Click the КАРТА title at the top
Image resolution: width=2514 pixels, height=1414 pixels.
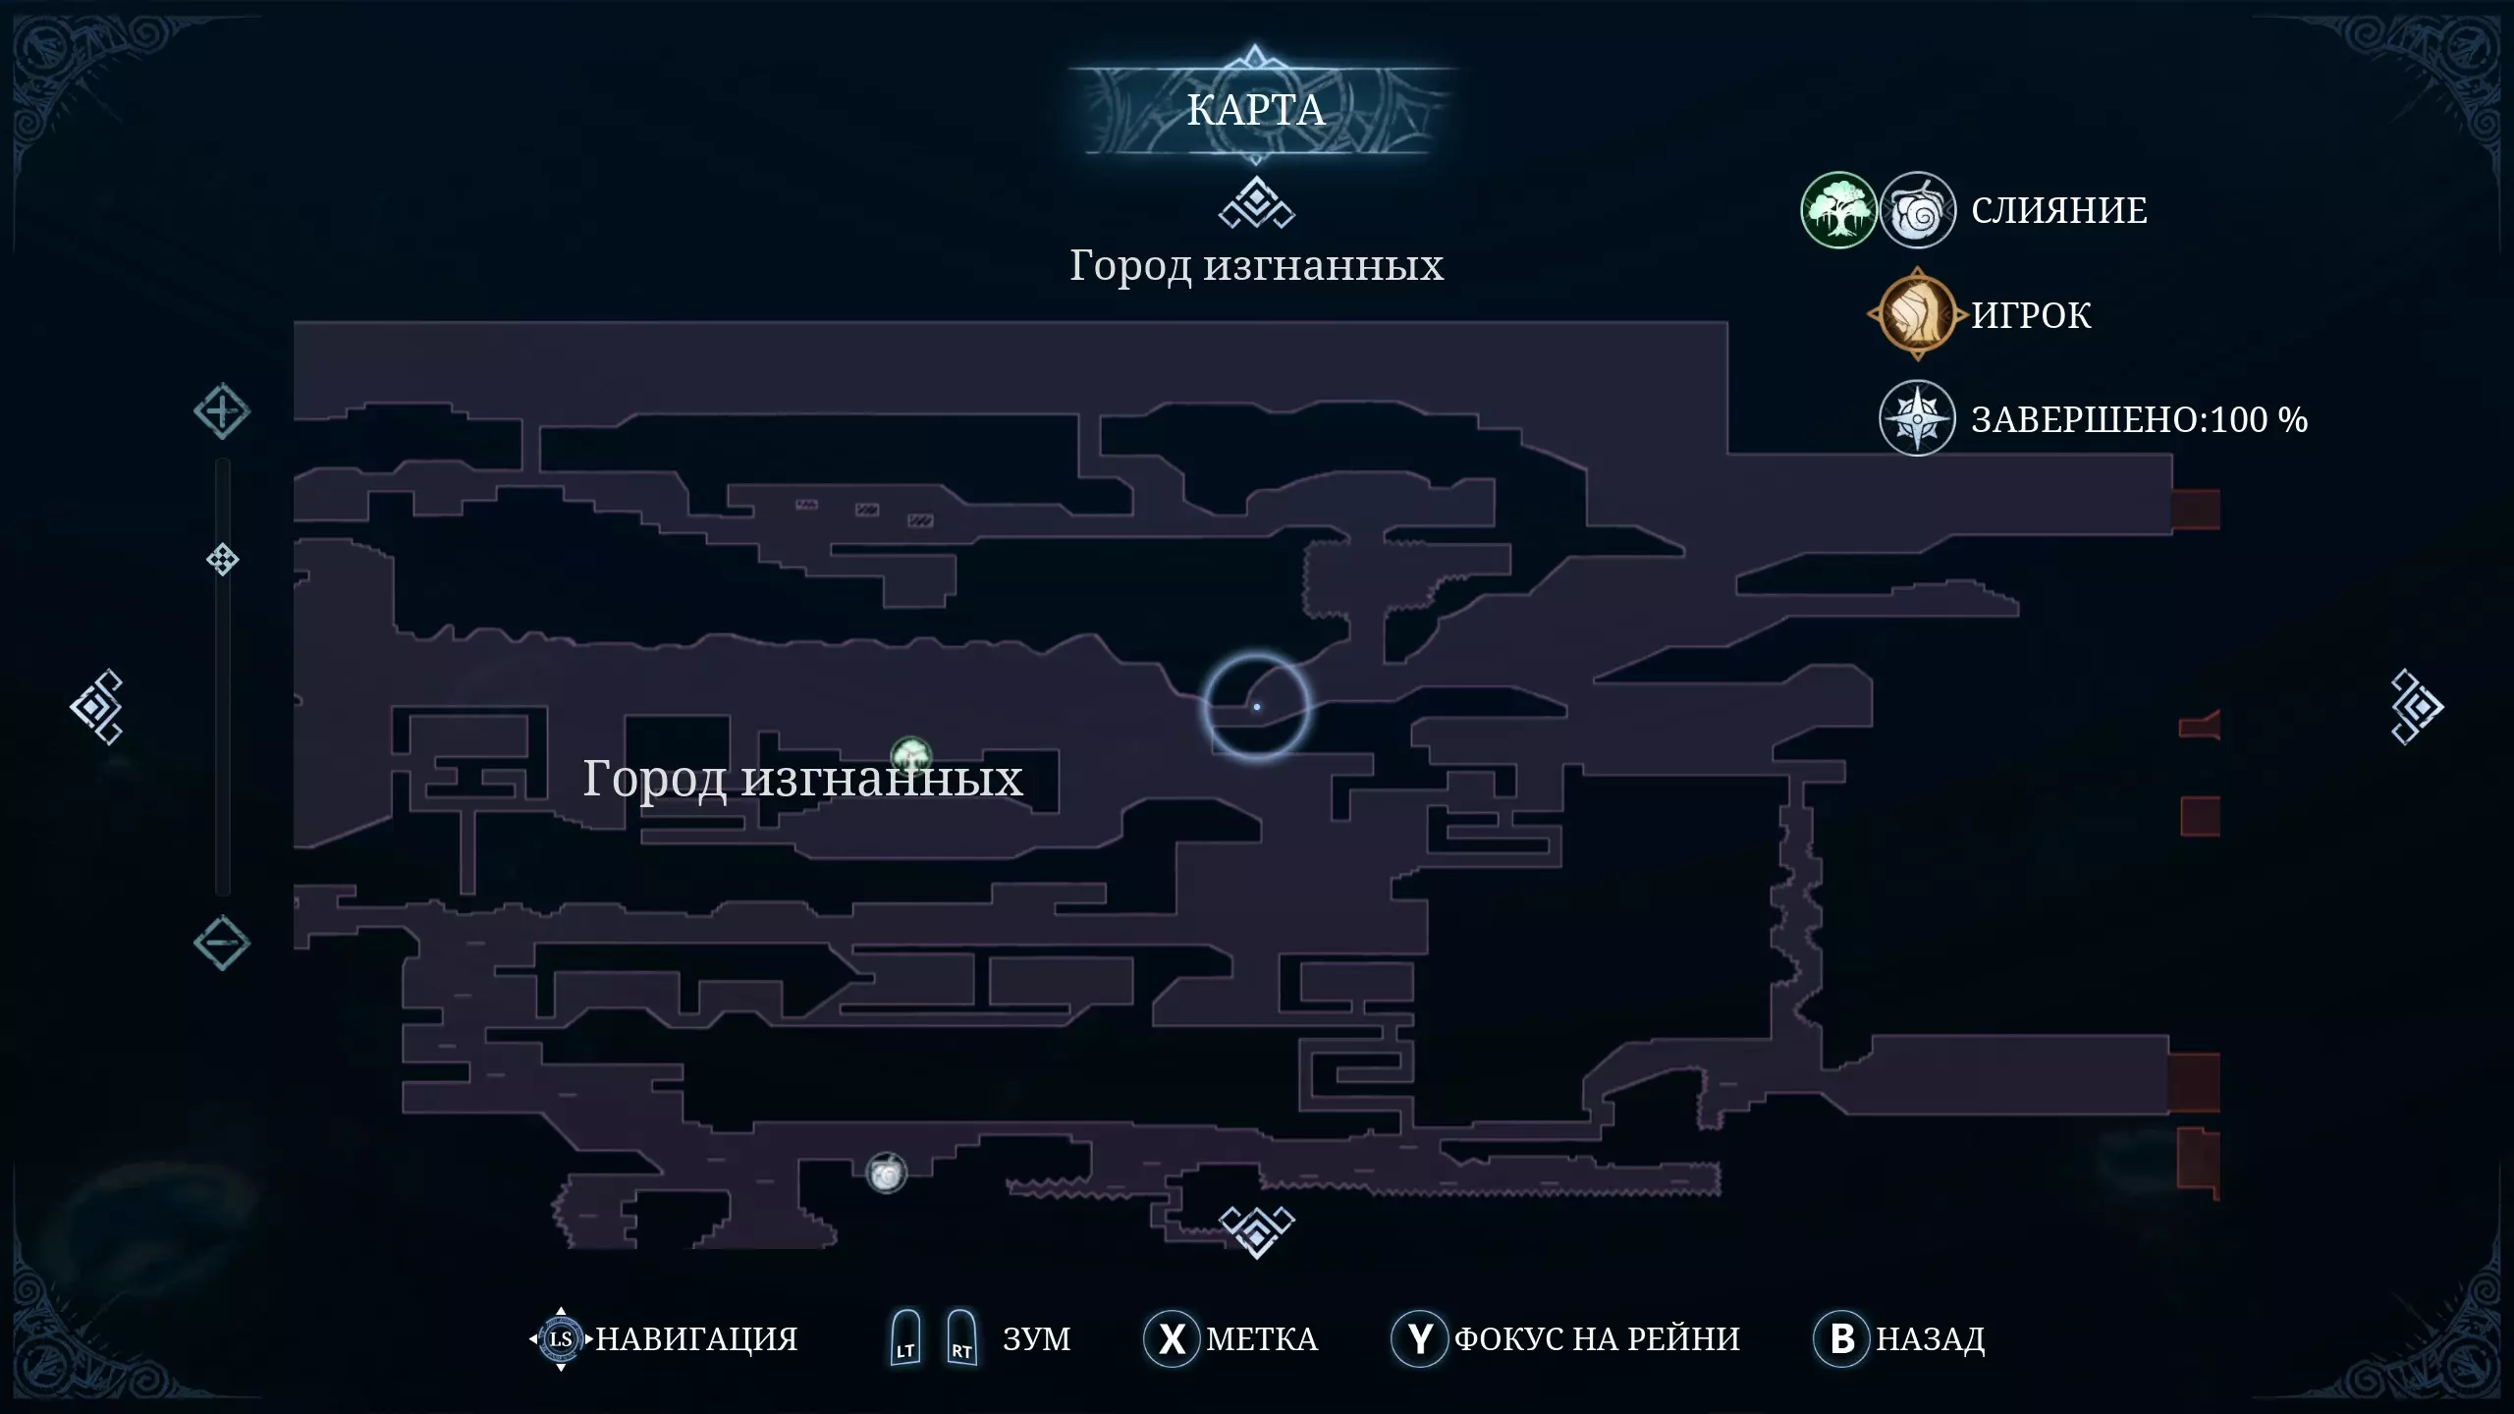[x=1255, y=110]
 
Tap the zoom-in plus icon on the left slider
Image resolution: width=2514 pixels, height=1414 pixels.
[x=222, y=411]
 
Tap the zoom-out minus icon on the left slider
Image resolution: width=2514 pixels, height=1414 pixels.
[x=222, y=944]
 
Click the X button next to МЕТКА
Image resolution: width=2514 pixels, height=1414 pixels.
[x=1172, y=1338]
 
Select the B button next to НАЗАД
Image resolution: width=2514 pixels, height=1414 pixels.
[x=1842, y=1338]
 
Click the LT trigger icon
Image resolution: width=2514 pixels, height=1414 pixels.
[x=905, y=1337]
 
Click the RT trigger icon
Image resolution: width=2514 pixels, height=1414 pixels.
[x=961, y=1337]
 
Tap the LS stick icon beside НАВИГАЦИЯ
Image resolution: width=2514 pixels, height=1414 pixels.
[x=561, y=1338]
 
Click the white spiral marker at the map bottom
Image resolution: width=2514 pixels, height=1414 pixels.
[x=886, y=1172]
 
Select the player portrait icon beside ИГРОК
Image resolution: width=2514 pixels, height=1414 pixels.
[x=1917, y=315]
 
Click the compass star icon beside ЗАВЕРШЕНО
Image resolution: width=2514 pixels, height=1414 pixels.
[x=1917, y=418]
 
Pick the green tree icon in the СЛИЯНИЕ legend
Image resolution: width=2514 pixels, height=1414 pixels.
[x=1838, y=210]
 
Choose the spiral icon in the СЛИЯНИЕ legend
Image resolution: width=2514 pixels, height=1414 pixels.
[x=1918, y=210]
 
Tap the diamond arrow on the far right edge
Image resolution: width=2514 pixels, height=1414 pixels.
[x=2416, y=707]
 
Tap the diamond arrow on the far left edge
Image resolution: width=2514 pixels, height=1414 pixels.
[x=96, y=707]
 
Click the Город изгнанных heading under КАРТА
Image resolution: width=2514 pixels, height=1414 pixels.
[x=1256, y=266]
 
